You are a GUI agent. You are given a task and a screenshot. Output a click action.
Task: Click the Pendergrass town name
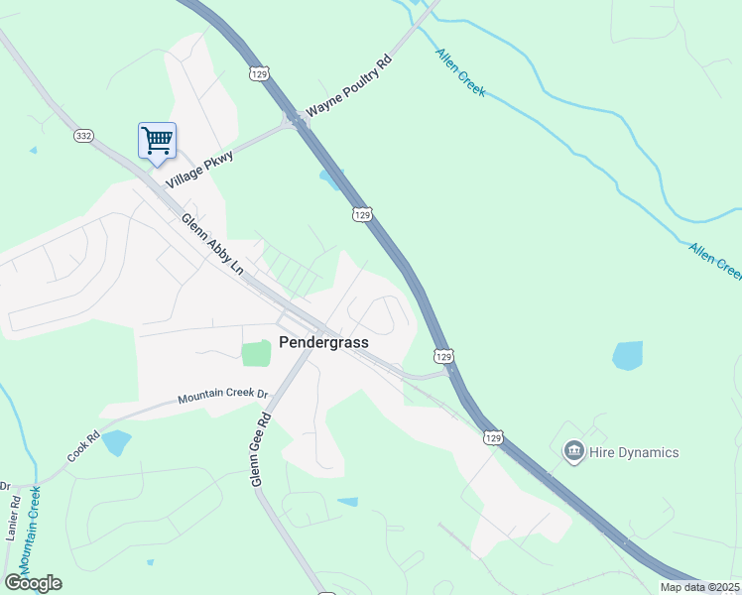click(323, 342)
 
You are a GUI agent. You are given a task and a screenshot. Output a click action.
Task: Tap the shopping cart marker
click(157, 140)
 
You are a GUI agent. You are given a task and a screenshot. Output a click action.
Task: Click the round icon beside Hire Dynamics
click(573, 452)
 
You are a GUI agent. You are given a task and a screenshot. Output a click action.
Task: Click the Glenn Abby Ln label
click(212, 242)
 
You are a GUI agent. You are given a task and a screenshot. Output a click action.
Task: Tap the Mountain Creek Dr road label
click(223, 396)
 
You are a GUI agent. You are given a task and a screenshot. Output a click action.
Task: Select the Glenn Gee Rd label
click(262, 450)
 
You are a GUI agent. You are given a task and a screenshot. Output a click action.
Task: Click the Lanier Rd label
click(15, 516)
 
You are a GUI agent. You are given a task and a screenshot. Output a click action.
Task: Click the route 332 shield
click(83, 135)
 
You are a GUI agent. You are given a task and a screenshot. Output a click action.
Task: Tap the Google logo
click(33, 583)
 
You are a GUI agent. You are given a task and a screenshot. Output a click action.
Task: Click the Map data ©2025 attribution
click(699, 587)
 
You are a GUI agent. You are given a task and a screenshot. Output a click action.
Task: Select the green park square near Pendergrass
click(256, 352)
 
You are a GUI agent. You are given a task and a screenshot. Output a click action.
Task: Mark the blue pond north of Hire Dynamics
click(627, 355)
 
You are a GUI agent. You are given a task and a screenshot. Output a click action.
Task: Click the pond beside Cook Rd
click(116, 442)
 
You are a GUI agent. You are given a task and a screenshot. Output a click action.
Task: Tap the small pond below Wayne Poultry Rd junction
click(328, 178)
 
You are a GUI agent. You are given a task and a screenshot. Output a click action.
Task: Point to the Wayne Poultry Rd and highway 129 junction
click(295, 118)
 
